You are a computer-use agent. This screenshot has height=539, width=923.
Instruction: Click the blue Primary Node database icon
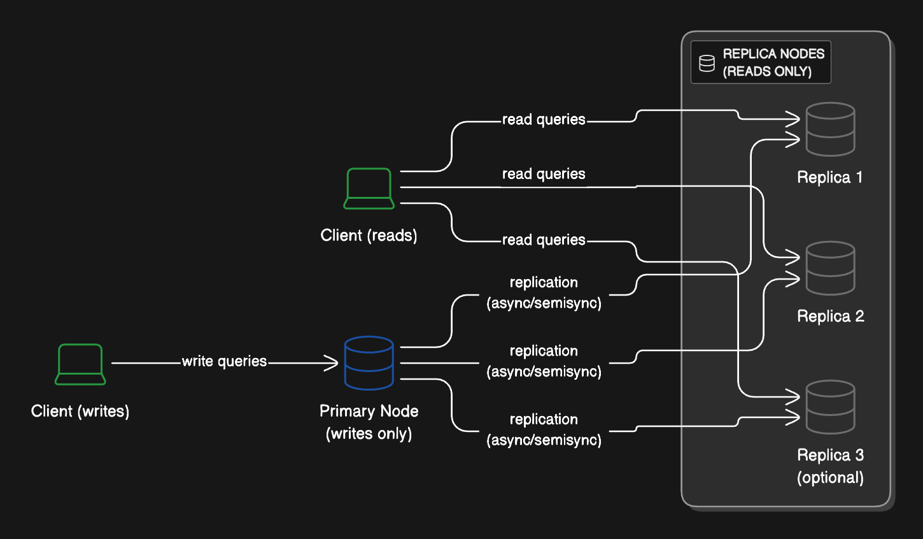point(369,363)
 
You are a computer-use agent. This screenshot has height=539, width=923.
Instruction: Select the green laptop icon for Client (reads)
point(369,189)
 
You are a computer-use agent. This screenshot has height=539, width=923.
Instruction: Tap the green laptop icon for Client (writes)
point(80,364)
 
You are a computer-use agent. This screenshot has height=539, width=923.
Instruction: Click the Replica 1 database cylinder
point(830,129)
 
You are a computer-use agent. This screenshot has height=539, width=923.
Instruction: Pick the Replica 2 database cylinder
point(830,268)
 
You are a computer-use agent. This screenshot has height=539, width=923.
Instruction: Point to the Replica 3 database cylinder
point(830,407)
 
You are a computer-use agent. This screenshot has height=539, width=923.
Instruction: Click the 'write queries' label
point(225,362)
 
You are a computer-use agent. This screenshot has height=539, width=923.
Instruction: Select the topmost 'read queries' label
point(544,120)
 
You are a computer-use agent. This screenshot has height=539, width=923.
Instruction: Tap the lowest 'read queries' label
point(544,240)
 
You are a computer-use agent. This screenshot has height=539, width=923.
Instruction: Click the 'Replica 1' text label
point(830,177)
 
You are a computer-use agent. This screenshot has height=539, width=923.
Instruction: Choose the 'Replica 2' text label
point(831,316)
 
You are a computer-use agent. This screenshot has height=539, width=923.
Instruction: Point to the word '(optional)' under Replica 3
point(830,478)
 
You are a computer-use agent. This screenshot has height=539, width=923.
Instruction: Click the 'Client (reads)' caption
point(369,236)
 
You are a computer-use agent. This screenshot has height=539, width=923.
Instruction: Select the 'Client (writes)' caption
point(80,411)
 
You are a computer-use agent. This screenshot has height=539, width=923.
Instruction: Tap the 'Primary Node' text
point(369,411)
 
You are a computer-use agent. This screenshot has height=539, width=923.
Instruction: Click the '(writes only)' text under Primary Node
point(369,434)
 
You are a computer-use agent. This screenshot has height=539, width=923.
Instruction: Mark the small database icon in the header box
point(707,64)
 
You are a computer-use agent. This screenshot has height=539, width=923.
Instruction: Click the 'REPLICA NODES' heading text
point(774,54)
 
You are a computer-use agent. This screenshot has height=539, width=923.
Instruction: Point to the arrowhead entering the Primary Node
point(331,363)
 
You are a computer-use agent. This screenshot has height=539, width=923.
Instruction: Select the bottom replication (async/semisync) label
point(544,429)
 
